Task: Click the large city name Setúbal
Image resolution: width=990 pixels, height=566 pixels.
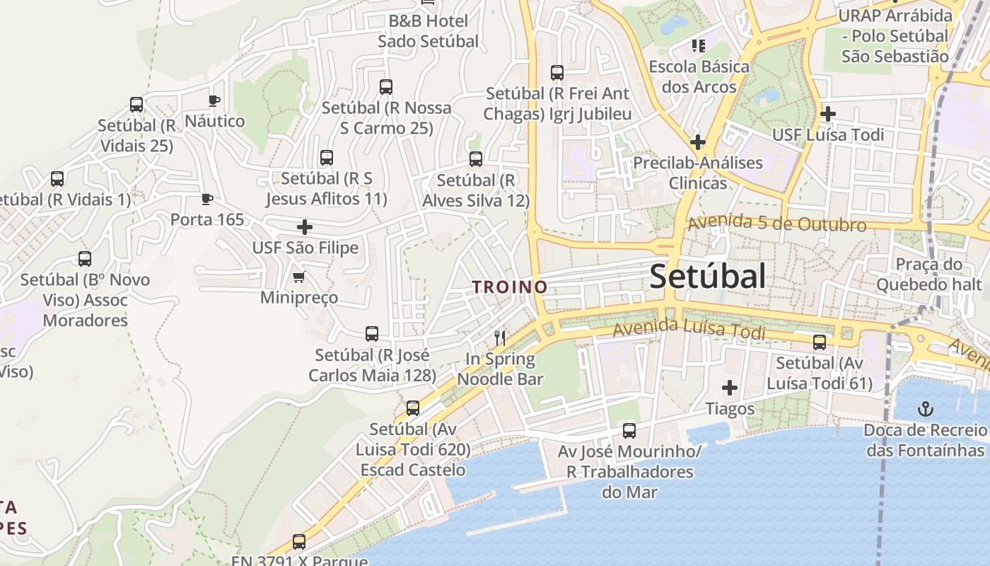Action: point(707,276)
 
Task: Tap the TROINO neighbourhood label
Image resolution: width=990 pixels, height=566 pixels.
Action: point(510,287)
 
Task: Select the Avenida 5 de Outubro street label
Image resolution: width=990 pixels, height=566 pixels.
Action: point(776,224)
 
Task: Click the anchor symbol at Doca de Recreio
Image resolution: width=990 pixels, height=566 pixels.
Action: point(925,409)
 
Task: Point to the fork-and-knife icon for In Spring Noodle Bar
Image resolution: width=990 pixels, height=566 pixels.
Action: point(501,338)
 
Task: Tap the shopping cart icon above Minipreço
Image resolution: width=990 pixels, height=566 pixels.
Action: point(298,277)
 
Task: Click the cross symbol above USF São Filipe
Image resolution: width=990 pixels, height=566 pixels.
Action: point(305,227)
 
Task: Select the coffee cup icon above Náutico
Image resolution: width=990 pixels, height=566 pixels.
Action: point(214,100)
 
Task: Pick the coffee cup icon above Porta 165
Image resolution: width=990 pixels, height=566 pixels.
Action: point(206,199)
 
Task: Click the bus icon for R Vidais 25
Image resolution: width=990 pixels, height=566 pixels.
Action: point(136,105)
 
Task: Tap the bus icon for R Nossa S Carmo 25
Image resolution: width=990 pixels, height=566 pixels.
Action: point(386,87)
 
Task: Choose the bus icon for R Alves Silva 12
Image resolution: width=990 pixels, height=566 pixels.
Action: point(476,159)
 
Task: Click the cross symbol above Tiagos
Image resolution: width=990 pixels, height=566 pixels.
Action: point(730,388)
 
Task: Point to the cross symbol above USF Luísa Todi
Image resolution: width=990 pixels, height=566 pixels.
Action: point(828,113)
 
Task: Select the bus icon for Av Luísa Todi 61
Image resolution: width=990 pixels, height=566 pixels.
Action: point(820,342)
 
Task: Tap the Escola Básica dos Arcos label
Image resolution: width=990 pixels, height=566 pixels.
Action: point(699,76)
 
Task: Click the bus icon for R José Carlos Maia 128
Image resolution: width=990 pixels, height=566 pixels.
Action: point(372,334)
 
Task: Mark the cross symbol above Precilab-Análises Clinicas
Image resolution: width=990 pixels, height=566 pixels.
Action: point(698,141)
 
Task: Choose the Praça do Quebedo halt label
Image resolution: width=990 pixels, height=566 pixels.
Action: point(929,275)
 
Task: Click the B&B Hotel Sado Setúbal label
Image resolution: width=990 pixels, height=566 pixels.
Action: point(429,31)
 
